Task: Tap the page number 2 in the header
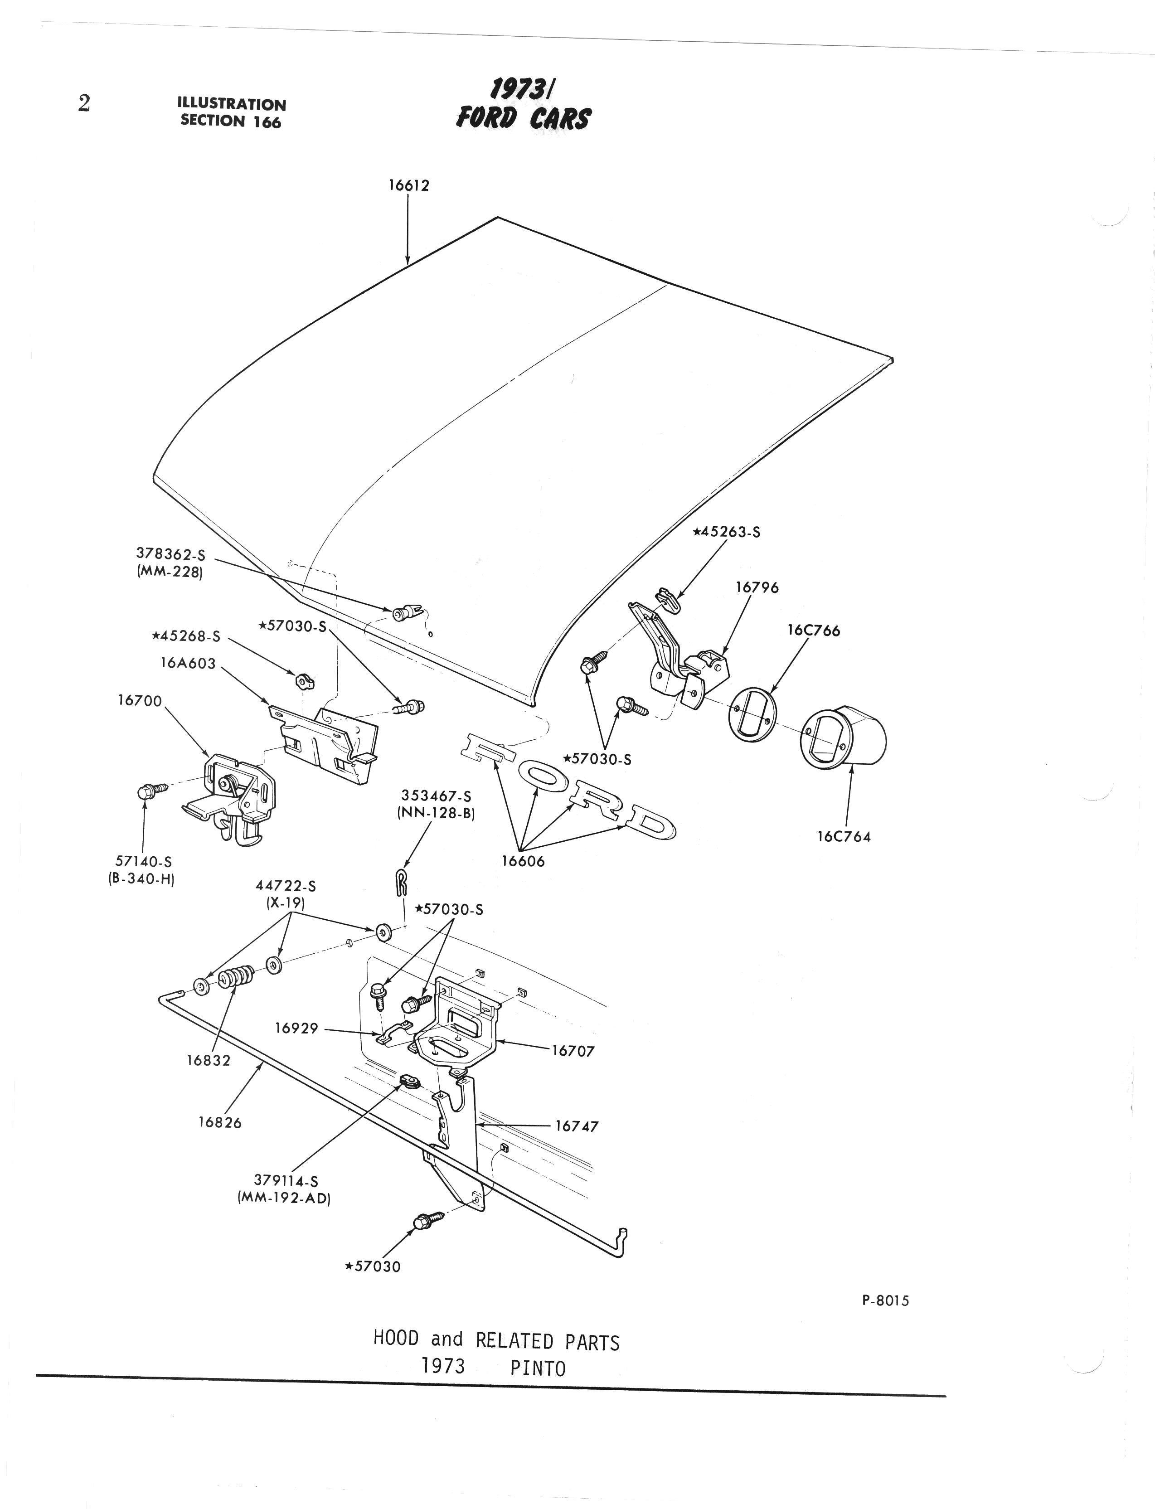click(84, 104)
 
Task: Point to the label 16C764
click(844, 837)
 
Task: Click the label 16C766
click(814, 631)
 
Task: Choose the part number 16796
click(757, 588)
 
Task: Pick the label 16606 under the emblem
click(523, 861)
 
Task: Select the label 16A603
click(188, 664)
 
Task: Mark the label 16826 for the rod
click(220, 1123)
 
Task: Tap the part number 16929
click(296, 1029)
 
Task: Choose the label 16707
click(573, 1050)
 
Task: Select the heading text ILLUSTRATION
click(232, 105)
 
